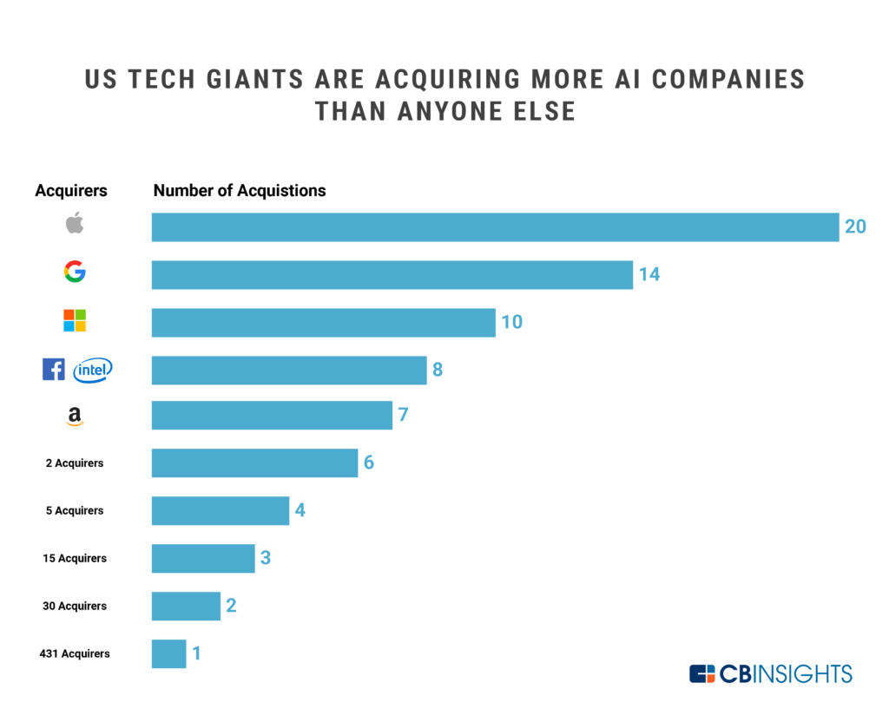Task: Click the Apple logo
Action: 75,223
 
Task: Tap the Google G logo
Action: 75,272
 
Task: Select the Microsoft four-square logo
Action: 75,320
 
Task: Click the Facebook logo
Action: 54,370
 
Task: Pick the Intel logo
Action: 93,371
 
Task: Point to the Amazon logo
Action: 75,417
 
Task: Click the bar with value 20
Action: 495,227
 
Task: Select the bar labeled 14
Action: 392,275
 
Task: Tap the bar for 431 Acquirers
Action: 168,653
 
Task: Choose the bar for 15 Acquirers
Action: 203,558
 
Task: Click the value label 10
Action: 511,322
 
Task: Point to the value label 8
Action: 438,370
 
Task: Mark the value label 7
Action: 403,416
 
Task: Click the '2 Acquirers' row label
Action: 75,463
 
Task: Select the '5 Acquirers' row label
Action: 75,511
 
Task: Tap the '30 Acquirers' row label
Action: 75,606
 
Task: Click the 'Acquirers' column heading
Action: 71,191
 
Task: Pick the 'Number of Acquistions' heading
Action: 240,191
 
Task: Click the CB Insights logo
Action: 771,674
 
